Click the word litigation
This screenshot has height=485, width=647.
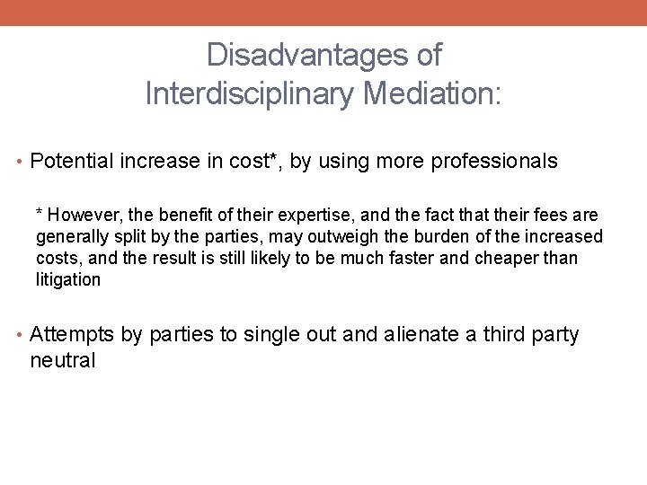tap(68, 279)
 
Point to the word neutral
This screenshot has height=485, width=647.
tap(62, 361)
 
